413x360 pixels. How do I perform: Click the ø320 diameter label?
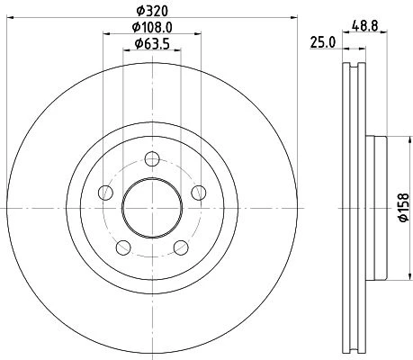click(152, 11)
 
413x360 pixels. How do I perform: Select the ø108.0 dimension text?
click(152, 28)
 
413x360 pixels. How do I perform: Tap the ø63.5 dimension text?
click(152, 44)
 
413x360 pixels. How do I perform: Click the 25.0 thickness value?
click(322, 42)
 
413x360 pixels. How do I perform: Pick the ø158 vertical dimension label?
click(404, 208)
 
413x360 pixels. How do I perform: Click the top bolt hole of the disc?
click(152, 159)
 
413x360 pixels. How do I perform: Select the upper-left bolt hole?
click(105, 193)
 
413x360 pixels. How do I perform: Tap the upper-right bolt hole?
click(199, 193)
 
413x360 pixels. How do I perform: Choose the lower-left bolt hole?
click(123, 247)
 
